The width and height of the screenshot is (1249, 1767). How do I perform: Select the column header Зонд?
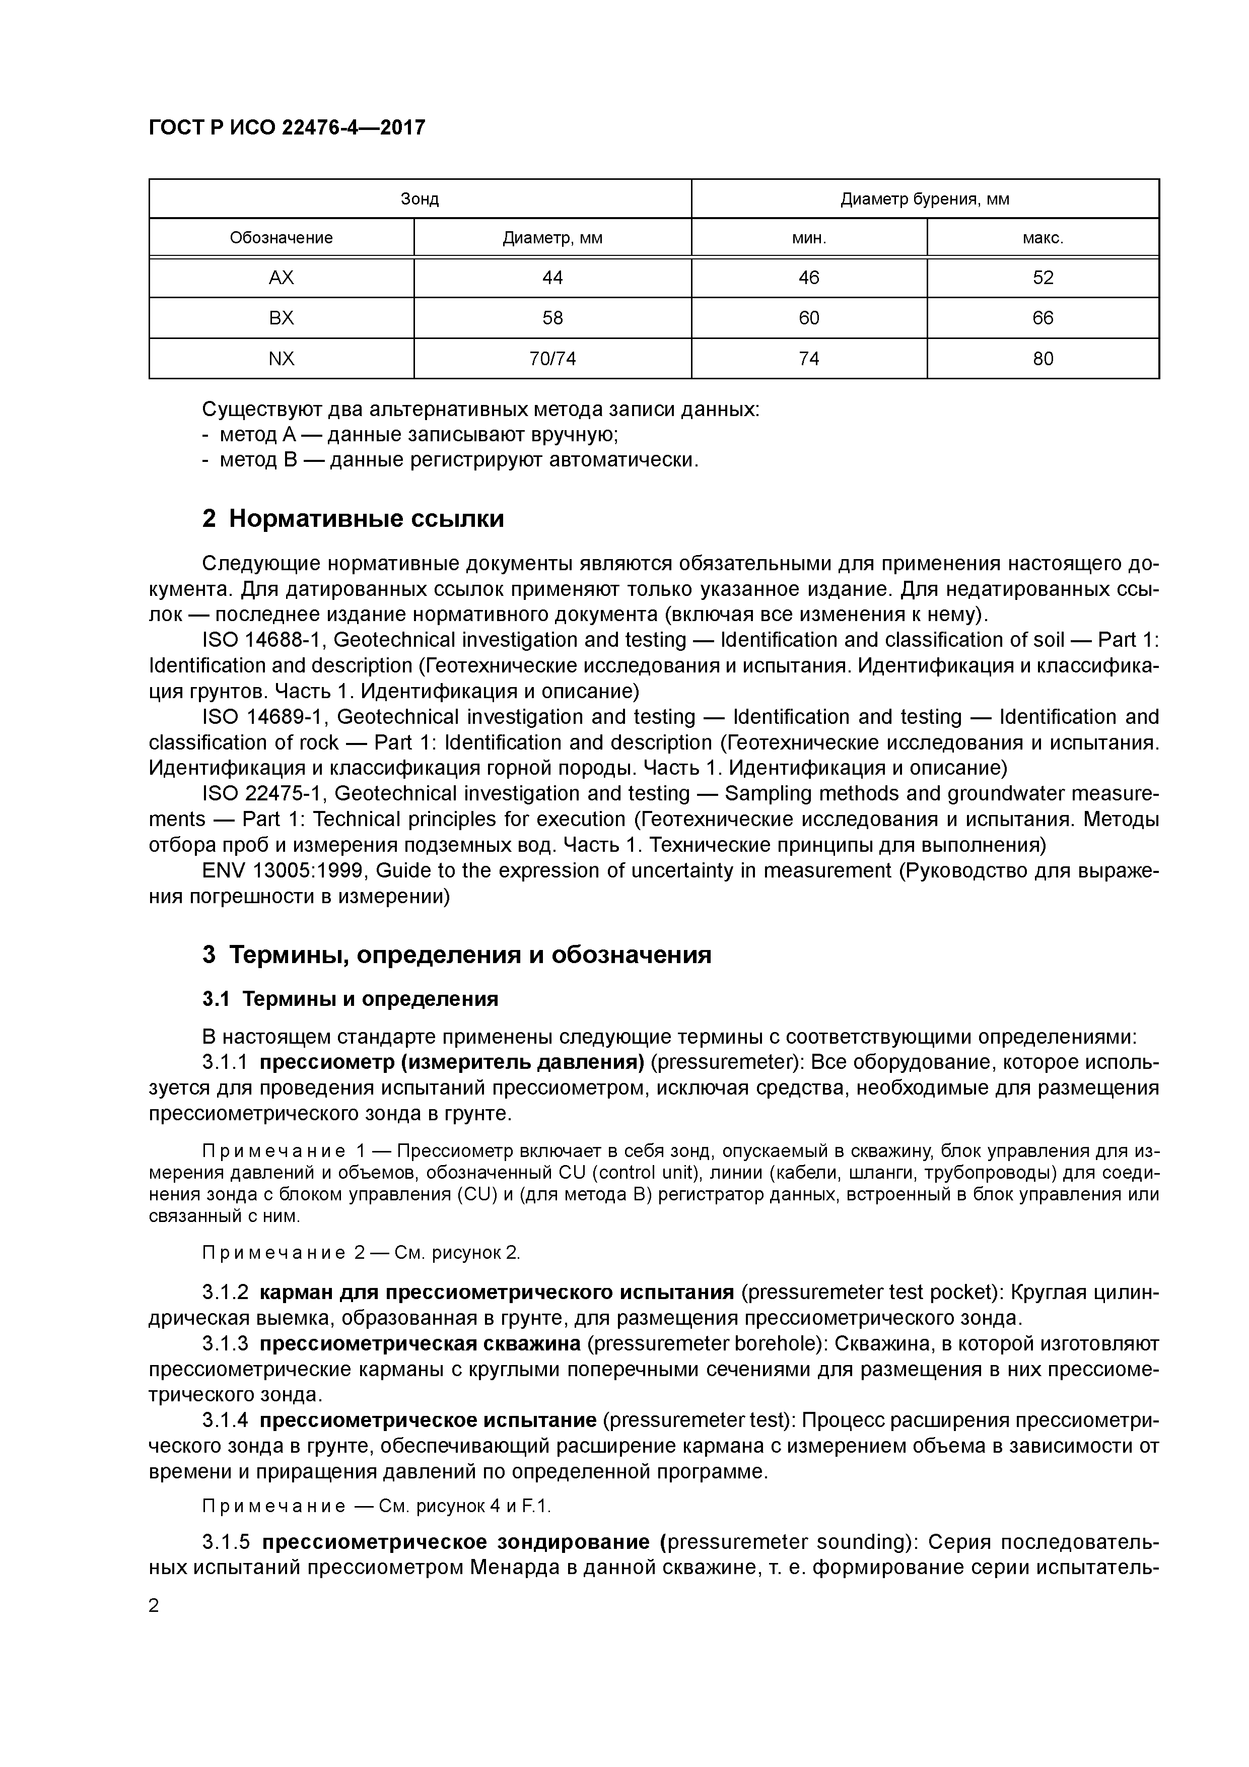[420, 199]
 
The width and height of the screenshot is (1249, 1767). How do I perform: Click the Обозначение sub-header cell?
[281, 238]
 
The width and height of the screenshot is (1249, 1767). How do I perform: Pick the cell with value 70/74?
[552, 359]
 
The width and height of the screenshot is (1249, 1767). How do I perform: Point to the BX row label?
[281, 318]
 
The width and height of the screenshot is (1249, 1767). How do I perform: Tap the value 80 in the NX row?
[1042, 359]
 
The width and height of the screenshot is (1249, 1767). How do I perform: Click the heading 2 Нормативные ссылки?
[353, 519]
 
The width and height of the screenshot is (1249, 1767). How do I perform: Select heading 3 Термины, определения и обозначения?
[456, 955]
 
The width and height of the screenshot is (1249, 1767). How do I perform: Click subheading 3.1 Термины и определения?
[350, 999]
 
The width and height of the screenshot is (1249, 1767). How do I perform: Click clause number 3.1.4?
[225, 1420]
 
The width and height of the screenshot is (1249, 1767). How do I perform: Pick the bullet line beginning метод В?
[450, 460]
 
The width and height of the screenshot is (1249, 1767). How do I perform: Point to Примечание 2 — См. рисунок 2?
[360, 1253]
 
